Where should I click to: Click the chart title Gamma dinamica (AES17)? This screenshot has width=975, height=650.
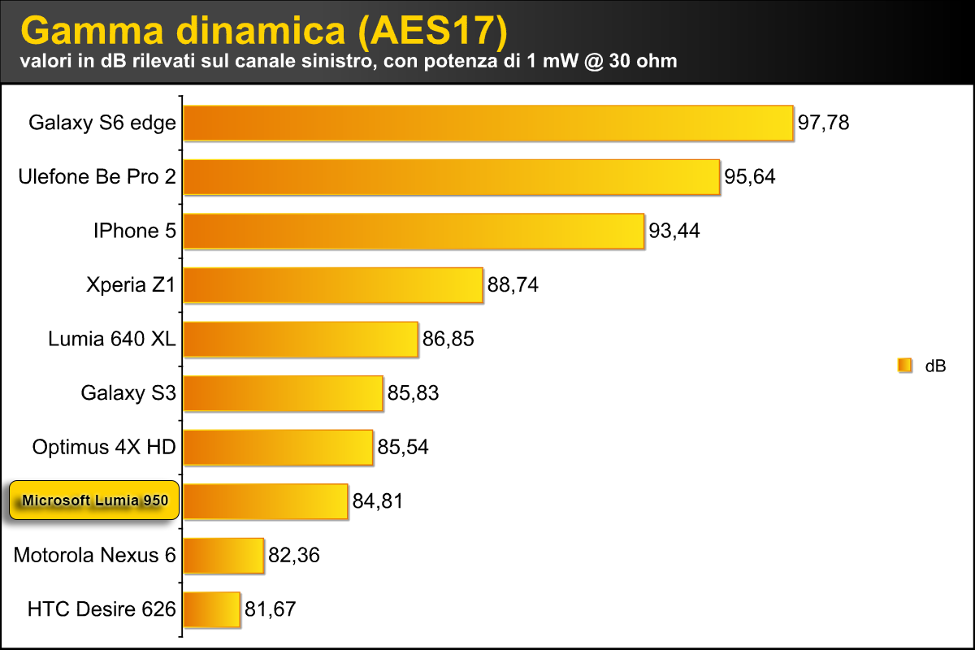click(264, 30)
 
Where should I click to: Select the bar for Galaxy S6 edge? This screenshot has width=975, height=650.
click(487, 123)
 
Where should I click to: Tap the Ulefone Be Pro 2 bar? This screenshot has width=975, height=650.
click(452, 176)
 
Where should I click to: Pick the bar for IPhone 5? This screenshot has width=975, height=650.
click(414, 231)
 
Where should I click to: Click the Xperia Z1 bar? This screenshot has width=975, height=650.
click(334, 285)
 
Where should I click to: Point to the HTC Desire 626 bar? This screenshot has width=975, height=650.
click(212, 609)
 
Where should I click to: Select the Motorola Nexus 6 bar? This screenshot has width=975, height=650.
click(224, 555)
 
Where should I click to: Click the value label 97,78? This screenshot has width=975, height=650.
click(823, 123)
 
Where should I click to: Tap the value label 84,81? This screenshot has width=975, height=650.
click(378, 501)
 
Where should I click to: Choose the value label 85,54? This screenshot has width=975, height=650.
click(402, 447)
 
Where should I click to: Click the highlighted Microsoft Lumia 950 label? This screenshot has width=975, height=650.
click(95, 500)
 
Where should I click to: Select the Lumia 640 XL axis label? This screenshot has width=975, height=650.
click(112, 339)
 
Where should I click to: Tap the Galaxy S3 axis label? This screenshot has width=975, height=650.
click(128, 393)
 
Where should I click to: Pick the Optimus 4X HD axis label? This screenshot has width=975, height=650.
click(104, 447)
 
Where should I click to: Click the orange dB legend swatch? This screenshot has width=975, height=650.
click(904, 366)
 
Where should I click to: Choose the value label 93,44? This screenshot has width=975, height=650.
click(674, 232)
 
